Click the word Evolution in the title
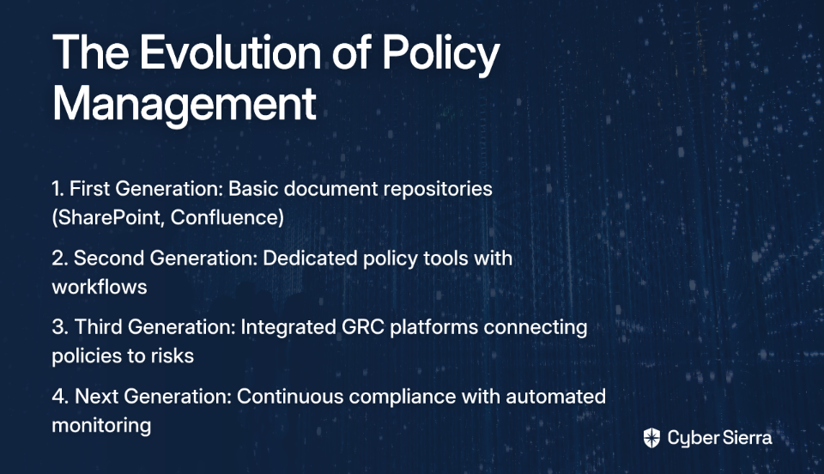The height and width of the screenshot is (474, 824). (230, 52)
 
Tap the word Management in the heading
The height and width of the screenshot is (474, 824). (185, 104)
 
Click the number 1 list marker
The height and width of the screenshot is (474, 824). (58, 189)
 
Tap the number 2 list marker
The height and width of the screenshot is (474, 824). (59, 258)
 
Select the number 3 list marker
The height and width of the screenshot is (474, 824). (60, 327)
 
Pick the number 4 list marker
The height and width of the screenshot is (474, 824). (60, 396)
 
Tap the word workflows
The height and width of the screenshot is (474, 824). (100, 287)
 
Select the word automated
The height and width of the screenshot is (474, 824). (555, 396)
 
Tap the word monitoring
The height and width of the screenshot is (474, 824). (101, 426)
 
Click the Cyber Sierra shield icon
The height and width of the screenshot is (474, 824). (651, 438)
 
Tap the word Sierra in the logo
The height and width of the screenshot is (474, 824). (747, 437)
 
